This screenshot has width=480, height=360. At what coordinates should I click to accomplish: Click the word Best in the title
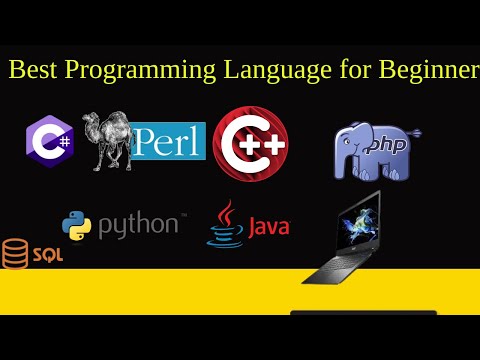31,70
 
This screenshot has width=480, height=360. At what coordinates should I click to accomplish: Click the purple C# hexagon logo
47,141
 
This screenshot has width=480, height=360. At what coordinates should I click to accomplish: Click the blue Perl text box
169,141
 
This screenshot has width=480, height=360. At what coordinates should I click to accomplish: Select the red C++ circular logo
250,142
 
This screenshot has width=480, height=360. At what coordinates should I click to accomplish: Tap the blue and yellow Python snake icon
78,226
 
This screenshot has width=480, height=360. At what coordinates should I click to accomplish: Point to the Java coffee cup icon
224,225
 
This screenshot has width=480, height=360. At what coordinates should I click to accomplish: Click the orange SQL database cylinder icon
15,254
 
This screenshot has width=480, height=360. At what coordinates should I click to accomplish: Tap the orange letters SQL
47,255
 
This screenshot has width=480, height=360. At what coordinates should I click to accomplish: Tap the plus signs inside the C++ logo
261,143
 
